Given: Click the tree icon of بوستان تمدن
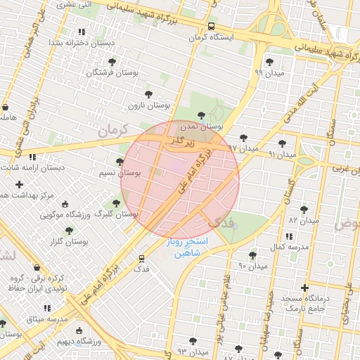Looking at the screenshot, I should tap(202, 115).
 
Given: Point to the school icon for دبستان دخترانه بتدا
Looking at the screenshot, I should tap(82, 32).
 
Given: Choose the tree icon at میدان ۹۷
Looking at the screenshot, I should tap(244, 138).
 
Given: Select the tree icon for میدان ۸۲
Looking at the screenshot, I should tap(304, 210).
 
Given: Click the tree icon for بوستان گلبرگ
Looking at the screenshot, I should tap(116, 204).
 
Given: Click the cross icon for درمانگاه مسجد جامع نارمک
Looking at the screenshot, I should tap(304, 288).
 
